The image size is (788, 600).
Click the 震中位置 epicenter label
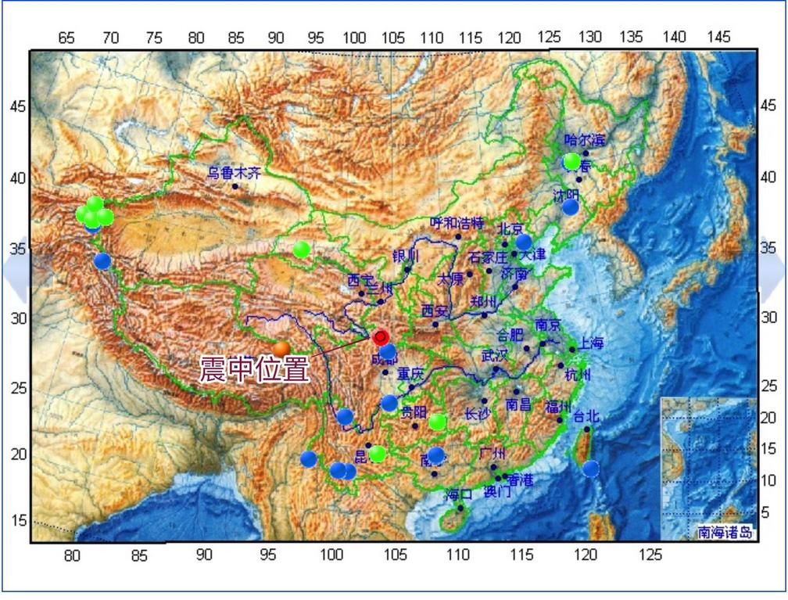254,369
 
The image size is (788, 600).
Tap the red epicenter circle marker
381,337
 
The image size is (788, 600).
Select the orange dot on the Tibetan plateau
281,349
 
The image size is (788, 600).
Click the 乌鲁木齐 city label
234,173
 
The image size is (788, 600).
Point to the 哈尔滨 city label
585,140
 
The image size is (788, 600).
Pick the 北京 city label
510,229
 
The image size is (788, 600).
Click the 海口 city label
459,494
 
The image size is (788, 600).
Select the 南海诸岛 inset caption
725,533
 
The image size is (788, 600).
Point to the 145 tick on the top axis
718,38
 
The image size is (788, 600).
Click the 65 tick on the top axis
67,38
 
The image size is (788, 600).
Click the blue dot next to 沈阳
571,207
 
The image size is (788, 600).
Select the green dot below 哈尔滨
572,161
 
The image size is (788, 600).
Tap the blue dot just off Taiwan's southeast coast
591,469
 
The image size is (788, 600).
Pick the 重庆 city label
410,374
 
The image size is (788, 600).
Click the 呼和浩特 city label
457,222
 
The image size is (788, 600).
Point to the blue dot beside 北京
524,242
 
